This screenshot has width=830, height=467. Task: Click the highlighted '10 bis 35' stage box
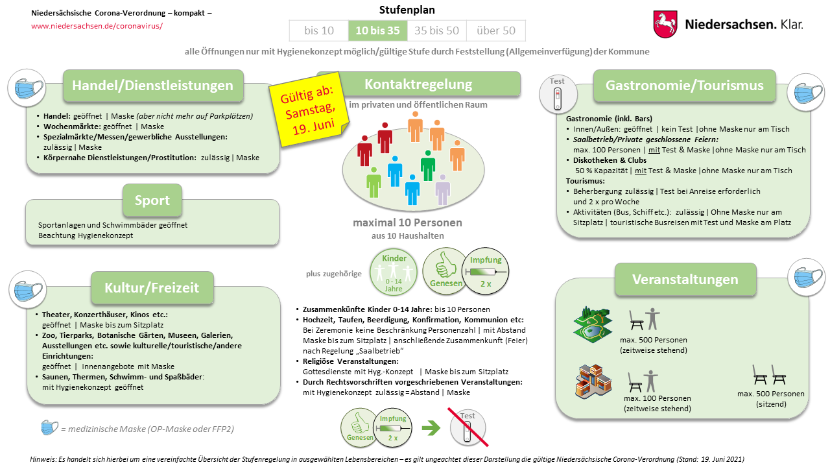coord(377,30)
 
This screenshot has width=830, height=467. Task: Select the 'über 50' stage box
coord(495,30)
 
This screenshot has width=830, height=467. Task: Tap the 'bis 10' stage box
coord(318,30)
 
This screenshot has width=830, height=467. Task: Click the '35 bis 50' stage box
coord(436,30)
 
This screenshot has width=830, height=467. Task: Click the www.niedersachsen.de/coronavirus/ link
coord(97,26)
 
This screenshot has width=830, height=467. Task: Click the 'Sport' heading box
coord(152,200)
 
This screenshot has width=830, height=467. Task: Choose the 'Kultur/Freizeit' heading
coord(152,287)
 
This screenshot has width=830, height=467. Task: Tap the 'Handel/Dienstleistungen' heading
coord(152,86)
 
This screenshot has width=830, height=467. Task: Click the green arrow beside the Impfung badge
coord(431,427)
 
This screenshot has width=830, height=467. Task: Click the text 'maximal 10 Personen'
coord(407,223)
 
